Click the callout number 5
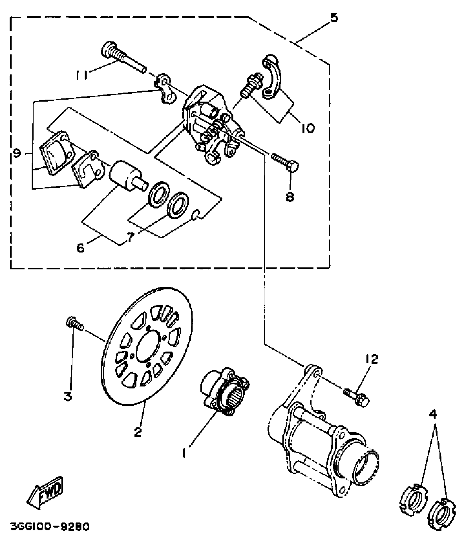(x=334, y=18)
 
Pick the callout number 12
(x=372, y=359)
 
